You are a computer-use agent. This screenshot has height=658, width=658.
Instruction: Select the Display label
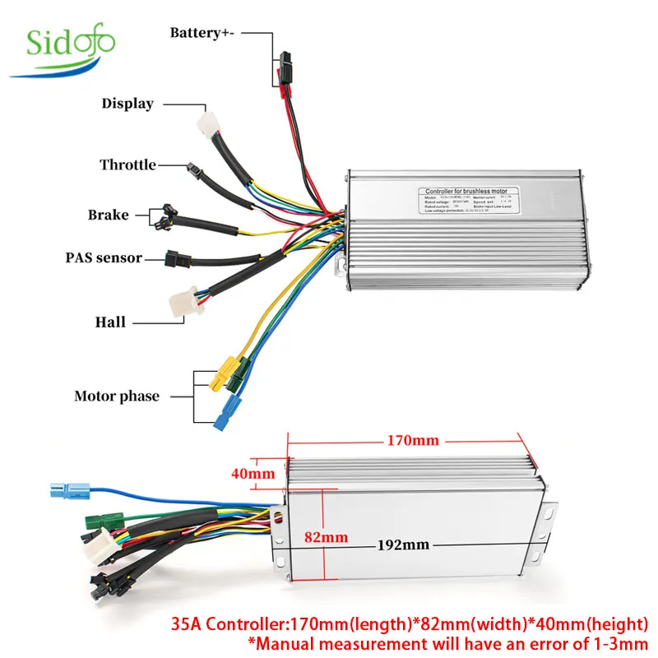coord(127,104)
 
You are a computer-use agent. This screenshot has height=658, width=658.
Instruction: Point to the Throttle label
coord(127,164)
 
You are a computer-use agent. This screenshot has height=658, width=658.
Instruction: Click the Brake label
coord(109,215)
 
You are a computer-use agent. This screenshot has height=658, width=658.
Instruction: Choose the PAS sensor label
coord(104,257)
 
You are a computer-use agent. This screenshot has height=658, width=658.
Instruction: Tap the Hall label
coord(110,322)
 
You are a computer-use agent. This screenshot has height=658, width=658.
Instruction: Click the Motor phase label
coord(116,396)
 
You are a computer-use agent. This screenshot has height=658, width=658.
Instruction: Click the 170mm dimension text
coord(413,441)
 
